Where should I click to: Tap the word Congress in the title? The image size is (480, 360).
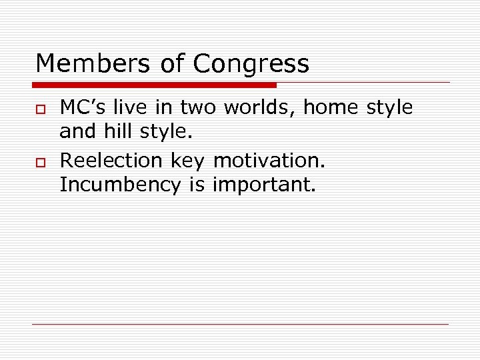(251, 65)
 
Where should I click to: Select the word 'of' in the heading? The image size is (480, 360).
(172, 64)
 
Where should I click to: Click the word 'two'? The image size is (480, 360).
(197, 108)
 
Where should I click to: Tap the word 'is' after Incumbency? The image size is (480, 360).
(197, 185)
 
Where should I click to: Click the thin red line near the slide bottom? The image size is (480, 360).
(240, 324)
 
